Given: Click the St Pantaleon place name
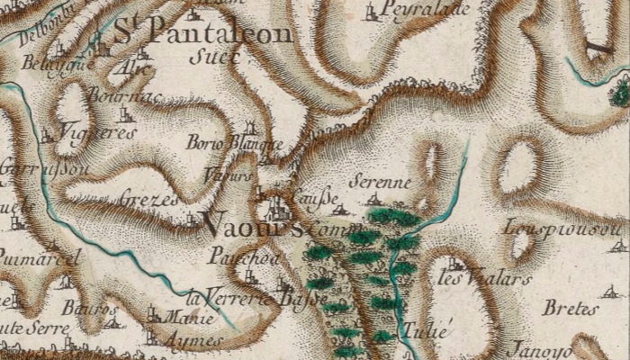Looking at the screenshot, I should [203, 34].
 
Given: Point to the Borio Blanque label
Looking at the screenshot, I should [234, 143].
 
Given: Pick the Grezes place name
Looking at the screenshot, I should [148, 199].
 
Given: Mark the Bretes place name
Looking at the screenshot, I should [570, 308].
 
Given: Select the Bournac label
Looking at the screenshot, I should [113, 93].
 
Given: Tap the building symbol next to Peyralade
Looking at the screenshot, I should [372, 12].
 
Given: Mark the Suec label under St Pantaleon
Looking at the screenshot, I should [216, 57].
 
